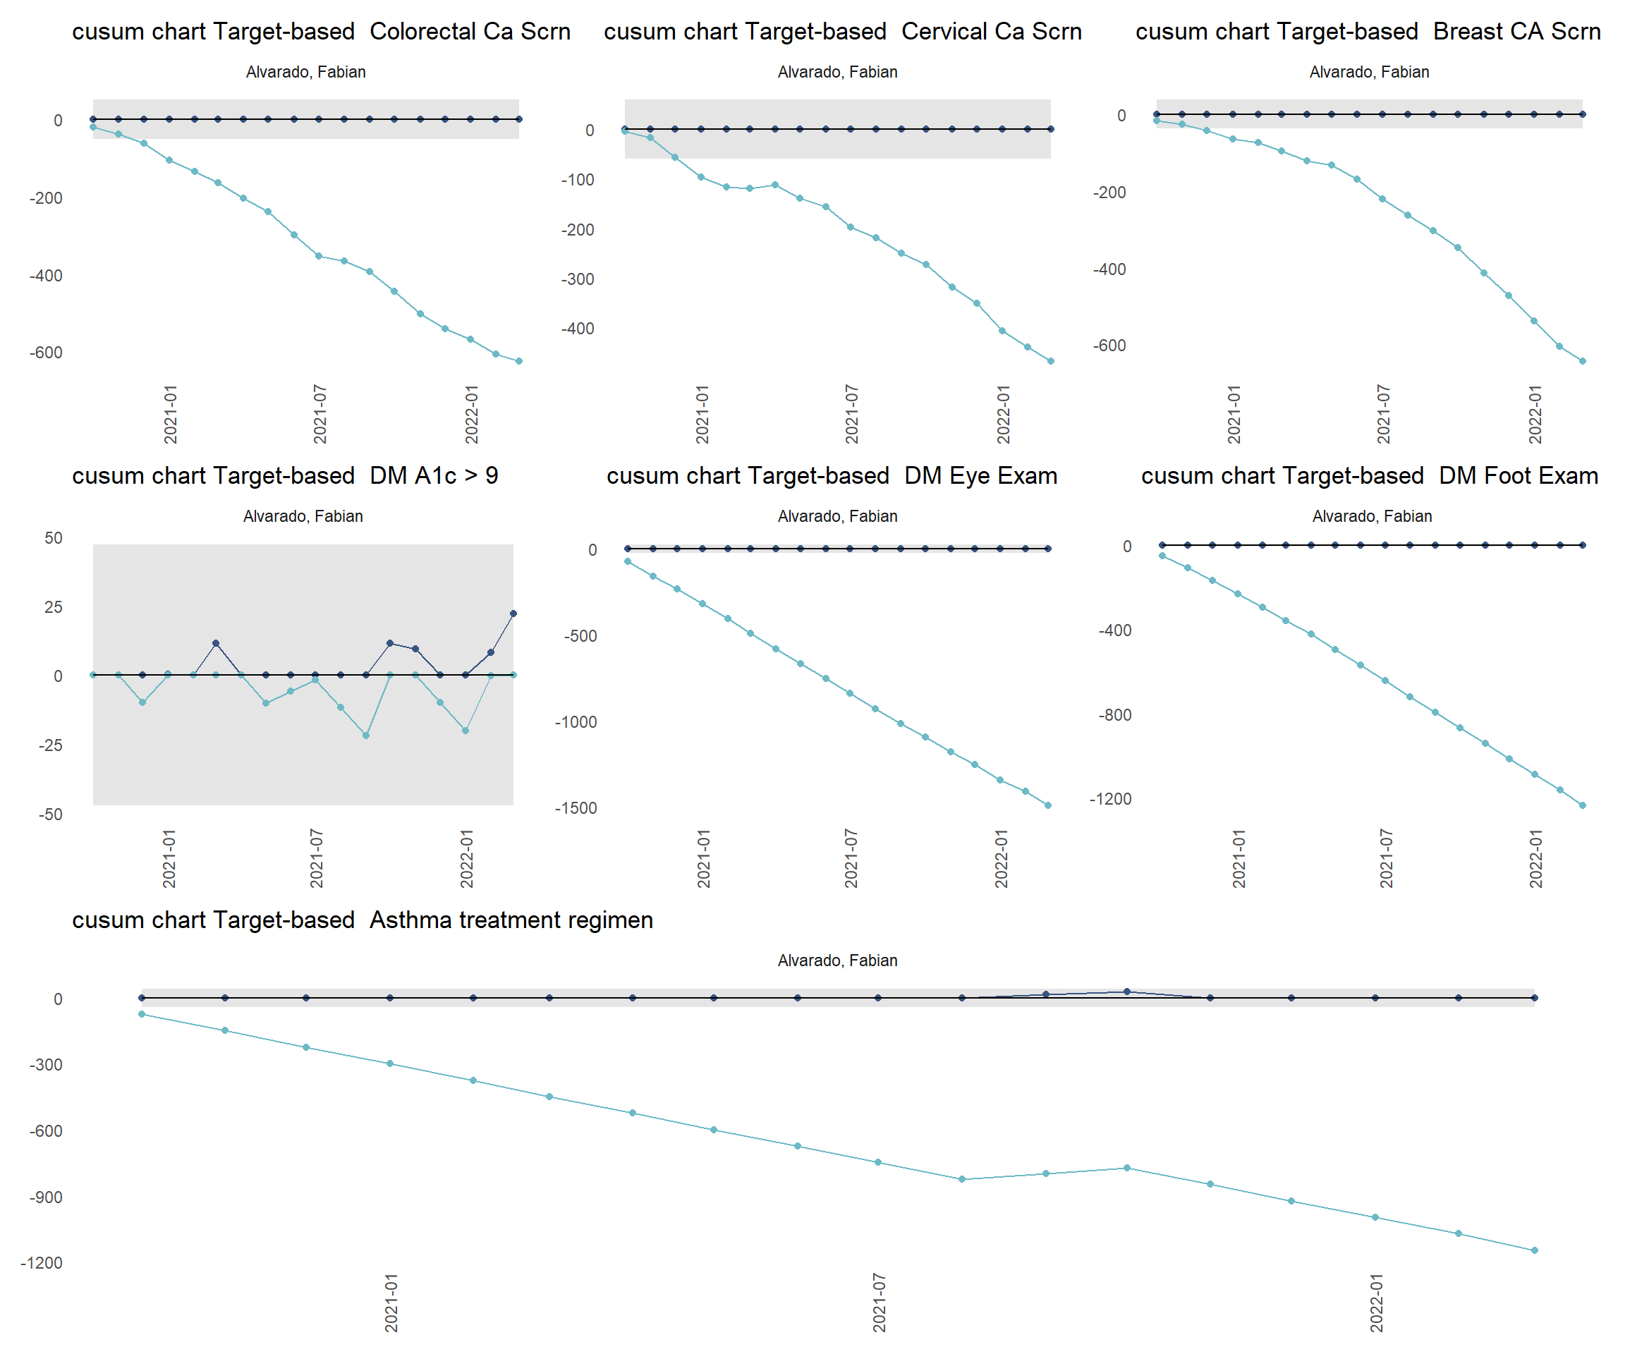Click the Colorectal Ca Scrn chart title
(321, 32)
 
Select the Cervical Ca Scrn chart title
(843, 32)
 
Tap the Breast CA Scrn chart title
(1368, 32)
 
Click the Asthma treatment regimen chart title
(362, 920)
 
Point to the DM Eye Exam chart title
(832, 476)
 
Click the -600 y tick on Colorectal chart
(46, 353)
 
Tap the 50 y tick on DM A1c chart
(54, 539)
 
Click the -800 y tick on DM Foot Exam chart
(1114, 715)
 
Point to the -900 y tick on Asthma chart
(46, 1197)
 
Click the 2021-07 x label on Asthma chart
(879, 1303)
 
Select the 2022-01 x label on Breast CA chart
(1535, 415)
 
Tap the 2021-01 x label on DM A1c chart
(169, 859)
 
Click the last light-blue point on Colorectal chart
(519, 361)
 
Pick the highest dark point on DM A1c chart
(513, 614)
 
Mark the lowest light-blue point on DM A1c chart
(366, 736)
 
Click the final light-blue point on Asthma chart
(1535, 1250)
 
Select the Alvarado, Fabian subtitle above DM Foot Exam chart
(1372, 516)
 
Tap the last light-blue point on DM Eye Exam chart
(1049, 805)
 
